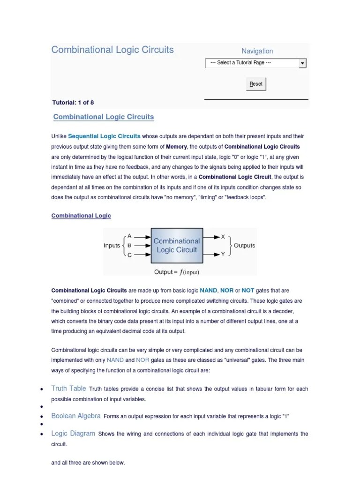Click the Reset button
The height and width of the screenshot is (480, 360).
click(256, 84)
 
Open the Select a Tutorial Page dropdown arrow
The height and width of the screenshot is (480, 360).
click(302, 63)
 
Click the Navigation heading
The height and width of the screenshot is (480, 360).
click(257, 51)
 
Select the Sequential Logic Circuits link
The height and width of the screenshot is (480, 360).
click(104, 136)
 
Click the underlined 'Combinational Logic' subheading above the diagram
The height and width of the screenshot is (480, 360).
click(81, 216)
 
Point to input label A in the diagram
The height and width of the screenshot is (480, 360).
click(129, 236)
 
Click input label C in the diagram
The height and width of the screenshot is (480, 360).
click(129, 255)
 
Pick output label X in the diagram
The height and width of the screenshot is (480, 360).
click(223, 237)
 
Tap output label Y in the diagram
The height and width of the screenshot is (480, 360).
click(223, 254)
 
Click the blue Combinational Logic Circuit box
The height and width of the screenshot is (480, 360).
click(177, 246)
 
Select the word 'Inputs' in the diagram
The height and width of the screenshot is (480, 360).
click(112, 246)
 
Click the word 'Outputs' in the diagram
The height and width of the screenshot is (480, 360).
click(244, 246)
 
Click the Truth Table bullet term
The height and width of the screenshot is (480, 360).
click(68, 389)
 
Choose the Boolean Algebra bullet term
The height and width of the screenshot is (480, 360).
click(76, 416)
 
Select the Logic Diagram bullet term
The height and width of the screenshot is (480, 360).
click(73, 434)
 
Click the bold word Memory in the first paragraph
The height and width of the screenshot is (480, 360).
click(176, 147)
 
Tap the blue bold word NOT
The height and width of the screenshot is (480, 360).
click(248, 291)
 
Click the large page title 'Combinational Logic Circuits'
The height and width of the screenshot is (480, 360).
click(112, 50)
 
